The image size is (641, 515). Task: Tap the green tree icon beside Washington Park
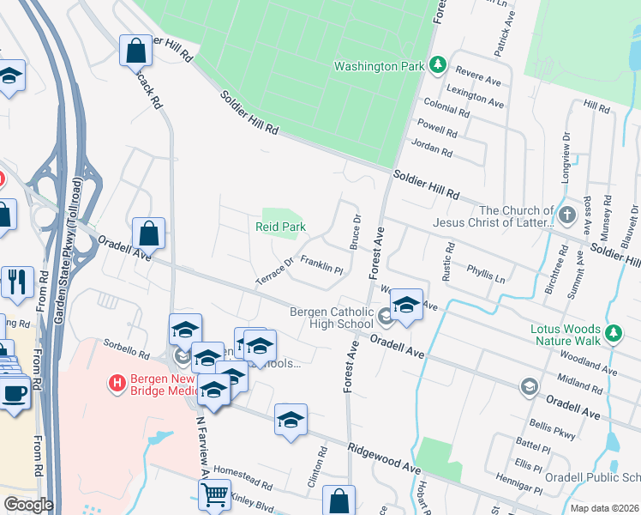click(438, 64)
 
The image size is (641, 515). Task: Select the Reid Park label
click(280, 227)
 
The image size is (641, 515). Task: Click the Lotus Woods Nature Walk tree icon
click(613, 331)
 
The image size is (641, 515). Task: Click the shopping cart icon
click(214, 494)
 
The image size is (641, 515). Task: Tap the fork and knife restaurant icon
click(17, 280)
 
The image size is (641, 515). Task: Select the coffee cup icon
click(15, 393)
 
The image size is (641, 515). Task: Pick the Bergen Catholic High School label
click(331, 318)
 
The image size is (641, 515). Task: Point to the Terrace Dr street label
click(274, 271)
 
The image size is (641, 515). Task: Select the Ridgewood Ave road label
click(385, 458)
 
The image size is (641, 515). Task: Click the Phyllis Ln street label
click(485, 272)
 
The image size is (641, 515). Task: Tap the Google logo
click(27, 505)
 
